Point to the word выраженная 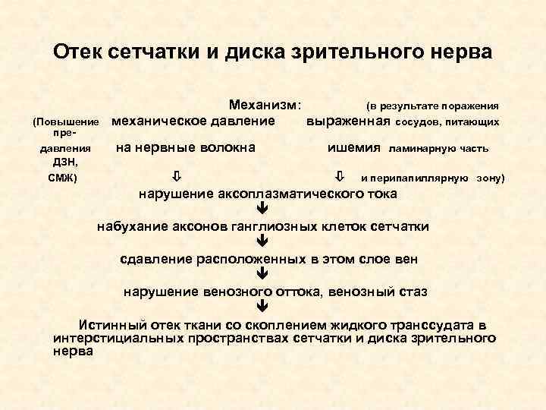coord(348,121)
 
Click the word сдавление coord(157,259)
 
